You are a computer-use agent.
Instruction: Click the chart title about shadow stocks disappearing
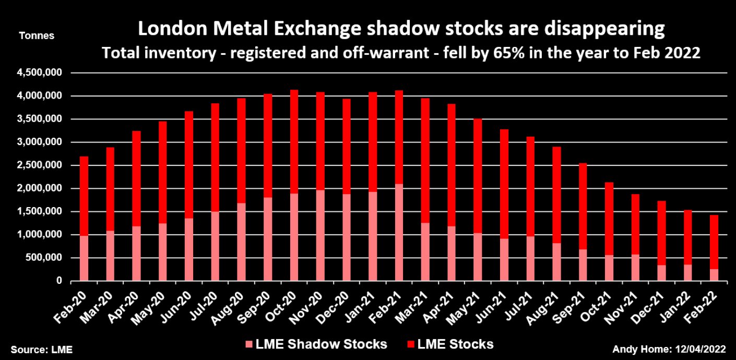point(401,30)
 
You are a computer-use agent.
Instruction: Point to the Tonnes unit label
point(36,36)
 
